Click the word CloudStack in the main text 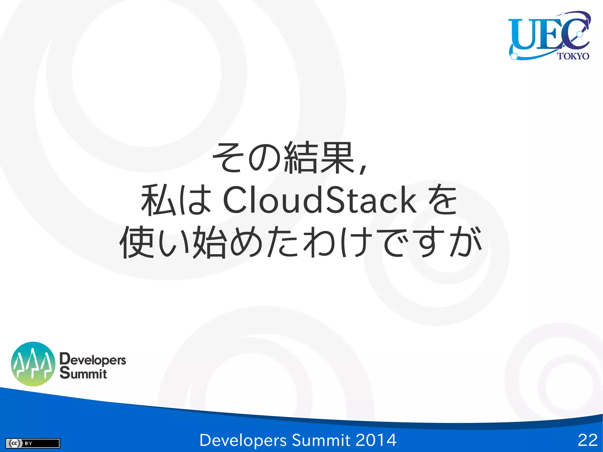319,200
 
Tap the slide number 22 587,440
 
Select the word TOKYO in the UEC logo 573,56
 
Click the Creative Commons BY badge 32,443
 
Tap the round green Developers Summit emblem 33,364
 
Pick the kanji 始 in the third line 210,242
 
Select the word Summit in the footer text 321,440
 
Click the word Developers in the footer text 243,440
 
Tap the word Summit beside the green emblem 83,373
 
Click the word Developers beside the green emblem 93,360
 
